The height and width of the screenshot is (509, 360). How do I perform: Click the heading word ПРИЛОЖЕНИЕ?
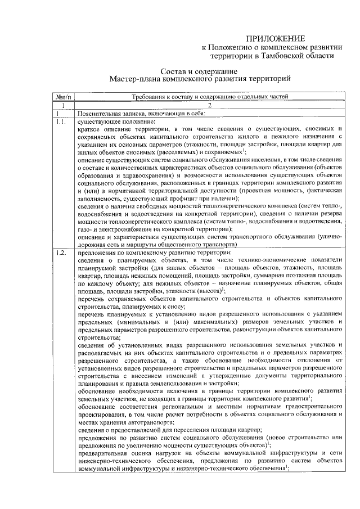[276, 39]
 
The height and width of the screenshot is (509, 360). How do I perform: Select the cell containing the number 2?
[209, 105]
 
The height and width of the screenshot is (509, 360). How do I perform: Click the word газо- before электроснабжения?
[85, 229]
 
